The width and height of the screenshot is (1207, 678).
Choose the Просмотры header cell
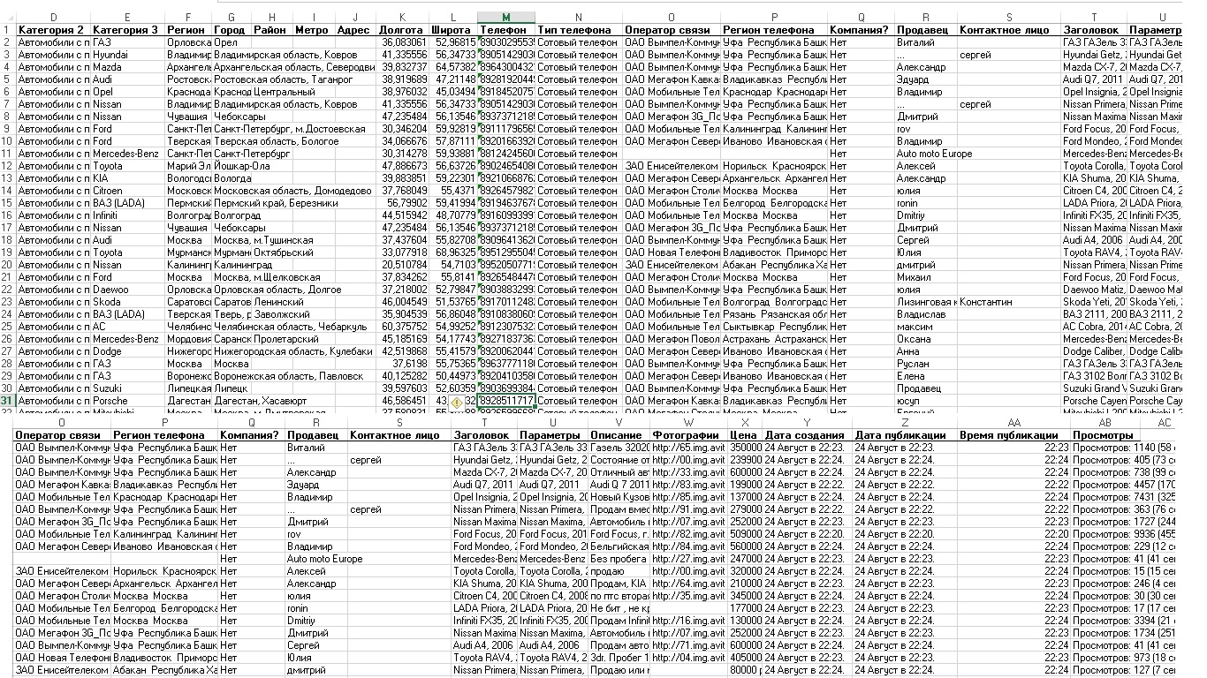1103,435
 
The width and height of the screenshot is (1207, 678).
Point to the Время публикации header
1007,435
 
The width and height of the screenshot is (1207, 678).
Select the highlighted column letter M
505,18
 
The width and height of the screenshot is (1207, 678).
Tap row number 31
7,401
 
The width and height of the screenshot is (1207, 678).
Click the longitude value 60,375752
404,327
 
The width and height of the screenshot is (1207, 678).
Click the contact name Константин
990,302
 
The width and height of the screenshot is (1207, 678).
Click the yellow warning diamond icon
456,402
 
